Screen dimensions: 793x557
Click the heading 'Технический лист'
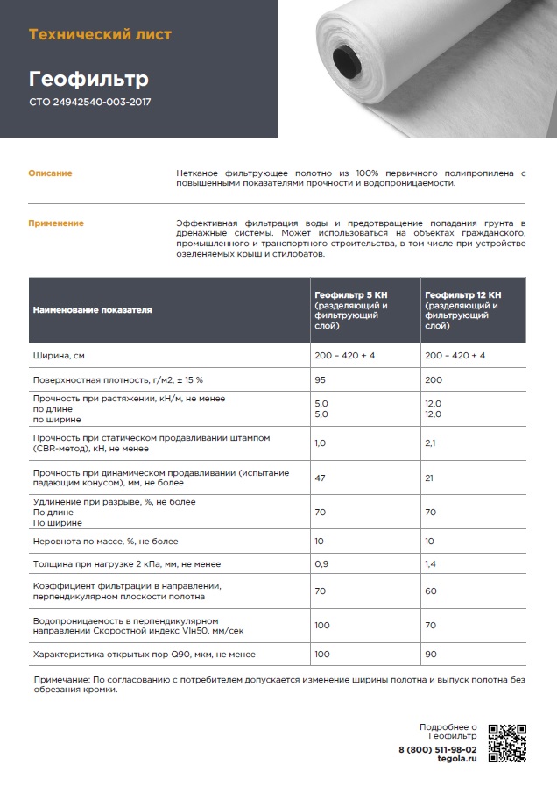[x=101, y=35]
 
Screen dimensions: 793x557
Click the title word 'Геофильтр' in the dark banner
[x=88, y=79]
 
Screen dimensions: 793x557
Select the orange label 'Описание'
[x=51, y=173]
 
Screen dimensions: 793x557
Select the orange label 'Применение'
[x=57, y=223]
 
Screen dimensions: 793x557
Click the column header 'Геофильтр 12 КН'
[x=463, y=295]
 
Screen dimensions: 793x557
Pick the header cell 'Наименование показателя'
[x=92, y=310]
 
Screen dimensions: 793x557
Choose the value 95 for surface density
[x=321, y=382]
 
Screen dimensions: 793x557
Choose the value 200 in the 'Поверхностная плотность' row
[x=433, y=382]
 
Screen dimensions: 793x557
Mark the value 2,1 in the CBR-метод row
[x=430, y=443]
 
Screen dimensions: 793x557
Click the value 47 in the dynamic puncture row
[x=321, y=478]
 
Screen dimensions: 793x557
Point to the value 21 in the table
[x=429, y=478]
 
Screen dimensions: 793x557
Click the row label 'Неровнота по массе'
[x=105, y=542]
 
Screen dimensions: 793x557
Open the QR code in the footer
[x=507, y=742]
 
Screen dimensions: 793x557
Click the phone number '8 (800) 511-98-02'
[x=438, y=751]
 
